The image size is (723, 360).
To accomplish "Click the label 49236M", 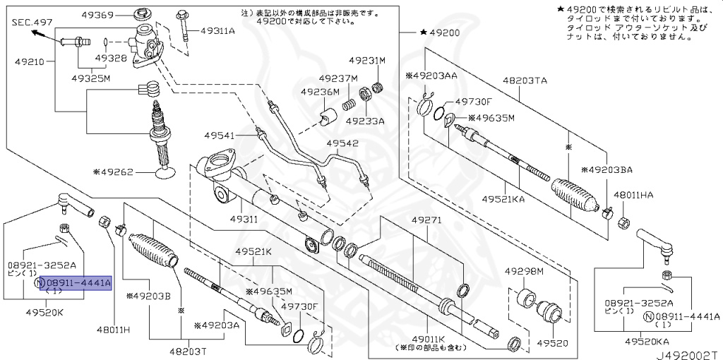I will [320, 92].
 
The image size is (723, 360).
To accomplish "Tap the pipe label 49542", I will [343, 143].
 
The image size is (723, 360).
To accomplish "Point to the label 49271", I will [426, 220].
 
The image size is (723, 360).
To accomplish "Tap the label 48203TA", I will [525, 80].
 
